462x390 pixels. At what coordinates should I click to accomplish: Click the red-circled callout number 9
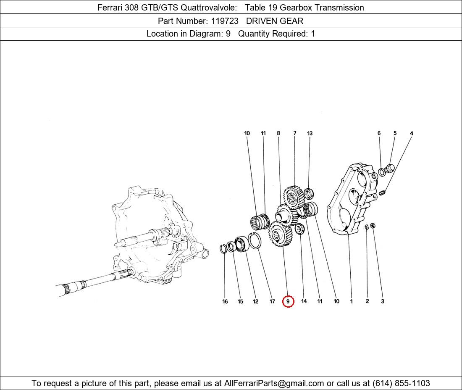[288, 301]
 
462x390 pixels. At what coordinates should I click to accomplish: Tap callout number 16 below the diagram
[225, 301]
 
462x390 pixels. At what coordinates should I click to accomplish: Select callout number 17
[272, 301]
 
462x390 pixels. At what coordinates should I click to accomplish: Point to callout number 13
[310, 133]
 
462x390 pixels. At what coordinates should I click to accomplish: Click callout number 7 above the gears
[295, 133]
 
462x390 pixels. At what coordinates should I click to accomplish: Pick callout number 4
[411, 133]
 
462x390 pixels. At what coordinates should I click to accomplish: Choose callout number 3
[383, 301]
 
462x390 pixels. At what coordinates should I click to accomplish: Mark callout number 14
[304, 301]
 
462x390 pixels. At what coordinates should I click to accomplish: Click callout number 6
[379, 133]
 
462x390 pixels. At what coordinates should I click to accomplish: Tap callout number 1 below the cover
[351, 301]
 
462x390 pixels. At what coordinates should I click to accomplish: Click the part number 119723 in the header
[225, 21]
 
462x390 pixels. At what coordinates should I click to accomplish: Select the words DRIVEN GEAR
[275, 21]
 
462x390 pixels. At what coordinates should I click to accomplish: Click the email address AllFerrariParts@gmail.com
[274, 383]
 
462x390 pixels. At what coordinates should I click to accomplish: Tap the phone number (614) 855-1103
[401, 383]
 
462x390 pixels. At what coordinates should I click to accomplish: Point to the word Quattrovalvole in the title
[209, 8]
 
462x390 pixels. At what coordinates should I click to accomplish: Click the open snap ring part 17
[255, 240]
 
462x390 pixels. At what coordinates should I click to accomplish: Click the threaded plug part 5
[389, 169]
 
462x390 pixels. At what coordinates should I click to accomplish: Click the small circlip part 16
[223, 249]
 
